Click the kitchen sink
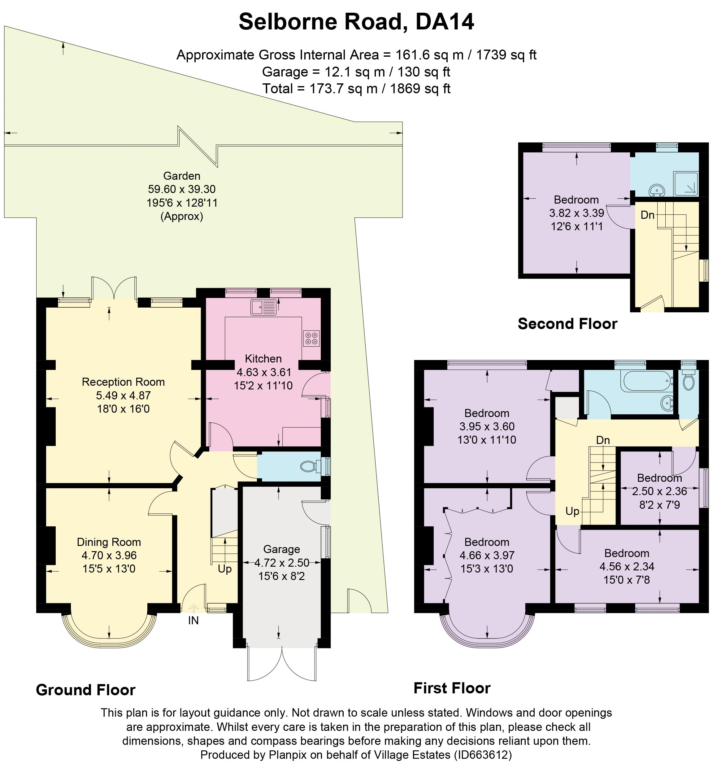[x=263, y=307]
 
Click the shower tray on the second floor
[x=686, y=183]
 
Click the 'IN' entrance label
[x=193, y=621]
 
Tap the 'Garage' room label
[x=282, y=549]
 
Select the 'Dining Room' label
[x=109, y=542]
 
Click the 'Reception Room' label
[x=123, y=382]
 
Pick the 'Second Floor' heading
[x=567, y=323]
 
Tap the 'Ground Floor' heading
[x=86, y=690]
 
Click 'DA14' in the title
[x=445, y=22]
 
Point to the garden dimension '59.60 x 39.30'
[x=182, y=189]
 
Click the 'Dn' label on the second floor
[x=647, y=215]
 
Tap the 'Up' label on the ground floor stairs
[x=225, y=569]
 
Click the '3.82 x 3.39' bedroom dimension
[x=576, y=213]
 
